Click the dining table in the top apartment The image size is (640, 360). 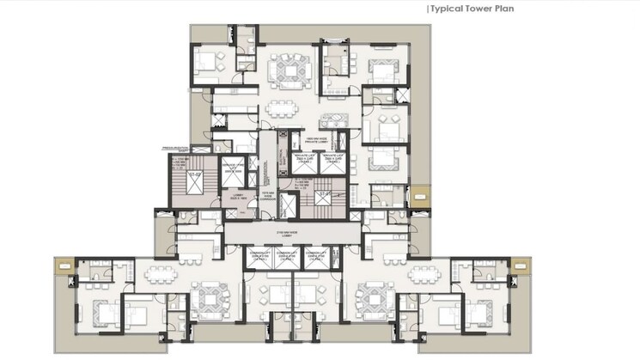[x=280, y=108]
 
